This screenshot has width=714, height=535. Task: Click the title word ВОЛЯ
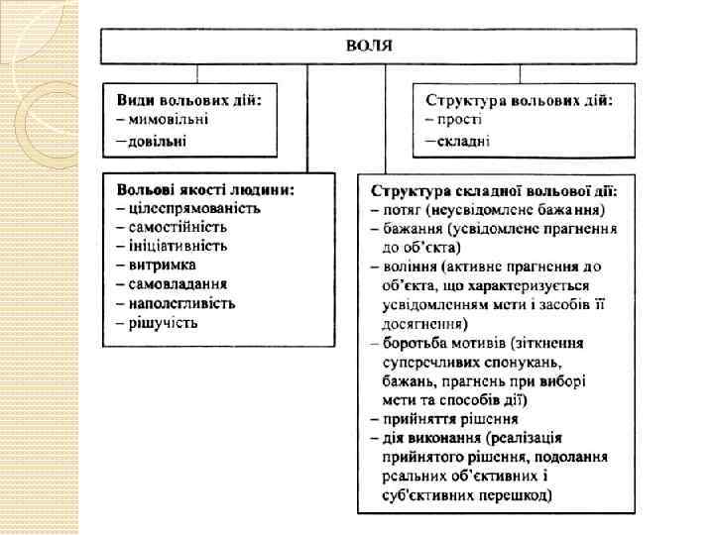pyautogui.click(x=369, y=45)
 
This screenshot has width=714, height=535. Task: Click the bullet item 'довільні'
pyautogui.click(x=163, y=140)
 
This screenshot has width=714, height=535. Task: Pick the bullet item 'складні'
pyautogui.click(x=463, y=140)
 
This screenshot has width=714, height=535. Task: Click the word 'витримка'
pyautogui.click(x=162, y=265)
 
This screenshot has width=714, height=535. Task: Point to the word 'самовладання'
pyautogui.click(x=177, y=283)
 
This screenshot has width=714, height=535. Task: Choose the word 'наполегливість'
pyautogui.click(x=181, y=302)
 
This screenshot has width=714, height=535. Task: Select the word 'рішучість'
pyautogui.click(x=163, y=321)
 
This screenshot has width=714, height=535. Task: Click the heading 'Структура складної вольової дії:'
pyautogui.click(x=493, y=190)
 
